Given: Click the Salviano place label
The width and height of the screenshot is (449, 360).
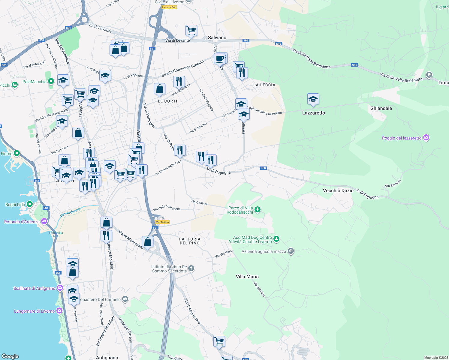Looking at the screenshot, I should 217,37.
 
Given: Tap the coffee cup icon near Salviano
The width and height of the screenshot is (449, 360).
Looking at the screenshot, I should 220,58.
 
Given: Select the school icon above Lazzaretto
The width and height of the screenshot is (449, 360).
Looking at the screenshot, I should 313,99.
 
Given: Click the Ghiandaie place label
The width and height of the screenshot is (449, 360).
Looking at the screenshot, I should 381,108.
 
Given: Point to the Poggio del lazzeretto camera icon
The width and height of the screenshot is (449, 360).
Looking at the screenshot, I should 426,138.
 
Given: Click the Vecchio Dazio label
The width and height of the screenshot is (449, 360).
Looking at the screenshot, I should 338,190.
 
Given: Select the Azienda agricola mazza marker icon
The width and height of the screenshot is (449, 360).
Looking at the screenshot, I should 291,251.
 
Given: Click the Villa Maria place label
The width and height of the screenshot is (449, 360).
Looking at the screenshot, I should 247,277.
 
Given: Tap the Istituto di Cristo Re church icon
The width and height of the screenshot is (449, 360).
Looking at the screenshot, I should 191,268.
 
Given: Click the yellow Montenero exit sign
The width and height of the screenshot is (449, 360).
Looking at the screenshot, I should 162,222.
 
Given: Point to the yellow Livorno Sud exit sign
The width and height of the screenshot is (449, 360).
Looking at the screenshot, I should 169,7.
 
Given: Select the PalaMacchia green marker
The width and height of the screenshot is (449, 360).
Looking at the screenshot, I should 51,81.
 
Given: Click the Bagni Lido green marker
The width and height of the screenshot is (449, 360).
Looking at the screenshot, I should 29,204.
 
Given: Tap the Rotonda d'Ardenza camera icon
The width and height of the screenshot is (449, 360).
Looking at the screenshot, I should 44,221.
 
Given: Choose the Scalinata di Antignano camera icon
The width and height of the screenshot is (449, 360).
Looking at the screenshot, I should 60,288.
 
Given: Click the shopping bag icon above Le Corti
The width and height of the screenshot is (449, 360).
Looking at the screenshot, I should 159,89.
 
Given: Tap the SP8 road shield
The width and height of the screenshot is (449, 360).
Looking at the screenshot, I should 263,168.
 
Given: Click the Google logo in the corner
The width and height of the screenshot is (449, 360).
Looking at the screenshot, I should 10,356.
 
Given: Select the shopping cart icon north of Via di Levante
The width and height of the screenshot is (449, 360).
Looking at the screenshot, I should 191,30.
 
